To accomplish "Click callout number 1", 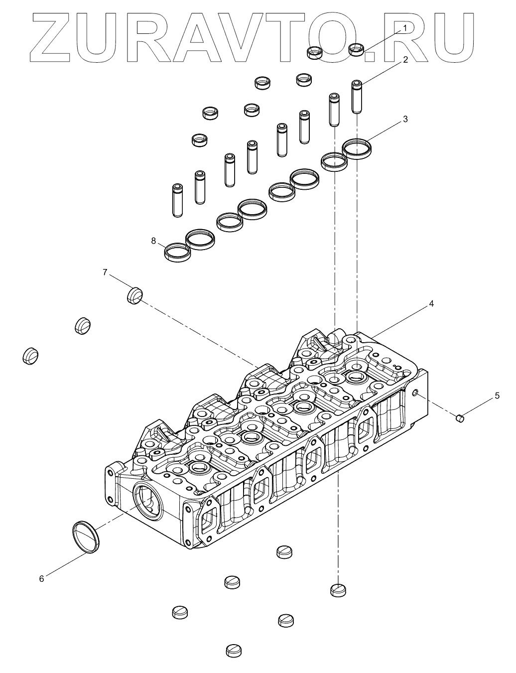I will [405, 28].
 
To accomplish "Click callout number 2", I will [405, 60].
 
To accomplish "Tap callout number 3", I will [405, 119].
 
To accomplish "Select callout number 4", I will [431, 303].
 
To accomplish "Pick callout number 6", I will [42, 578].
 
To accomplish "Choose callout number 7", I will [105, 272].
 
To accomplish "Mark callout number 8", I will [154, 241].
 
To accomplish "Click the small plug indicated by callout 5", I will [460, 418].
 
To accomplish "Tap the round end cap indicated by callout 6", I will [86, 537].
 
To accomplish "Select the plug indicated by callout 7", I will [134, 295].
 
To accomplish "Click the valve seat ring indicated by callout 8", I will [177, 252].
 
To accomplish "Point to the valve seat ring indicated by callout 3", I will [358, 148].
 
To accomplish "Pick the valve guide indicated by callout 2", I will [357, 96].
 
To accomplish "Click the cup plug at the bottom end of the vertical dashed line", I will [338, 590].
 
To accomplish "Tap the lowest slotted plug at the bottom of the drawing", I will [234, 650].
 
